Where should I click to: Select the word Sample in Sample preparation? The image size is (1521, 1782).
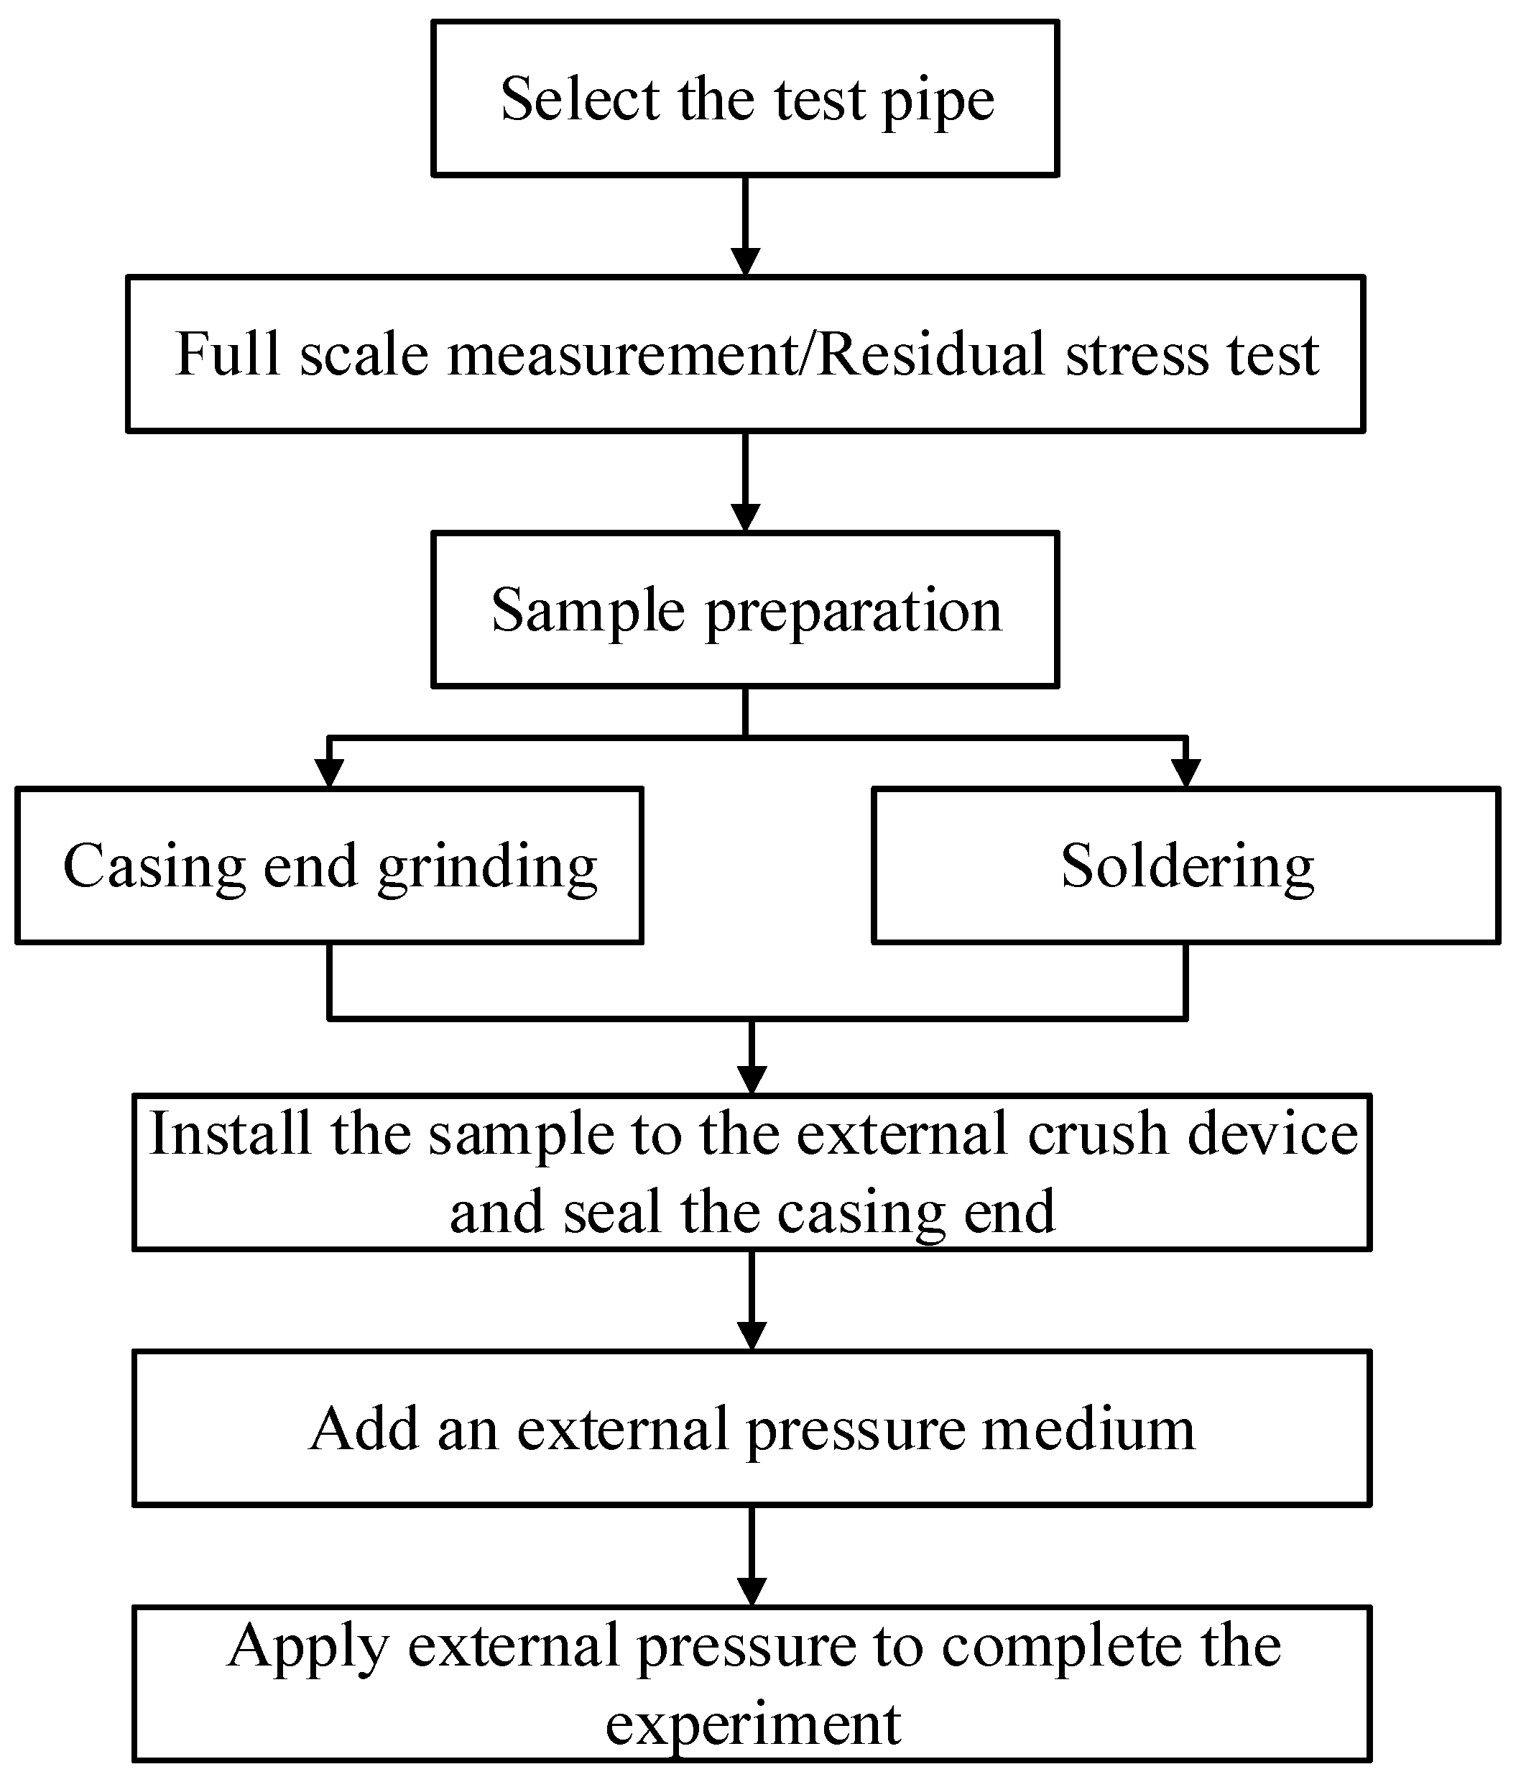(587, 610)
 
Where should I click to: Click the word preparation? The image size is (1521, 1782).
(854, 612)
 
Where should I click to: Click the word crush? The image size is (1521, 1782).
(1097, 1134)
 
